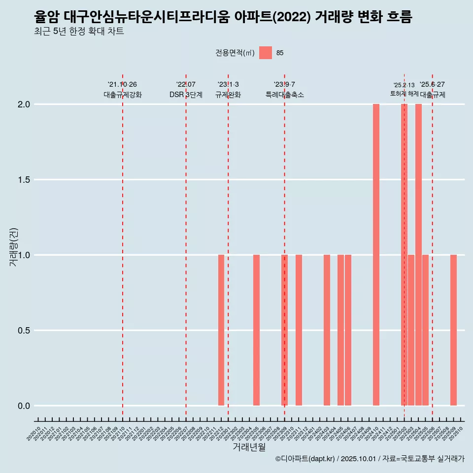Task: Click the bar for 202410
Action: (x=376, y=255)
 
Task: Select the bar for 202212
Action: (x=221, y=330)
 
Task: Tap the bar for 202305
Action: (x=256, y=330)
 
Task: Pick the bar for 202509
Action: (x=453, y=330)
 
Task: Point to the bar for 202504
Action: (x=418, y=255)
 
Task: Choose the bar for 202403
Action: (x=327, y=330)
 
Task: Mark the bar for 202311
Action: (x=299, y=330)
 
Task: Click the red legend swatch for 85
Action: (x=266, y=53)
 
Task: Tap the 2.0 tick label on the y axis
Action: (x=25, y=104)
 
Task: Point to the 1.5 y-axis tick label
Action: (x=25, y=180)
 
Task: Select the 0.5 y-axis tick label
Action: (x=25, y=331)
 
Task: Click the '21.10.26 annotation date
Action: (x=122, y=85)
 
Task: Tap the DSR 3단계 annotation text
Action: (x=186, y=95)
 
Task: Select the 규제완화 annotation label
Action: (x=228, y=95)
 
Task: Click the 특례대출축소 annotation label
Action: (x=285, y=95)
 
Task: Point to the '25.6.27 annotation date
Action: (x=433, y=85)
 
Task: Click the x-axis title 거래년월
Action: (x=249, y=447)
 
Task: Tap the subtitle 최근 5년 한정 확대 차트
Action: (x=79, y=32)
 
